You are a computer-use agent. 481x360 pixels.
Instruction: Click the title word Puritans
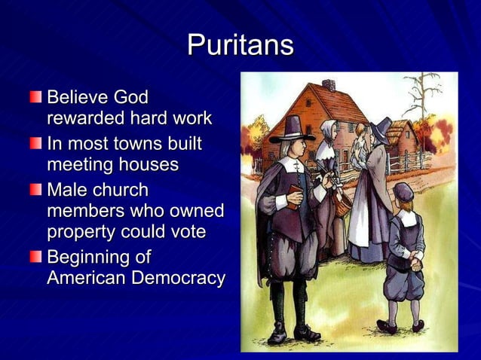pos(240,45)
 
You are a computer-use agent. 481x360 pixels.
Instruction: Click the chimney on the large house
pos(329,85)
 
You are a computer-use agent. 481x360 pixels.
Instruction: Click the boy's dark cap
pos(403,191)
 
